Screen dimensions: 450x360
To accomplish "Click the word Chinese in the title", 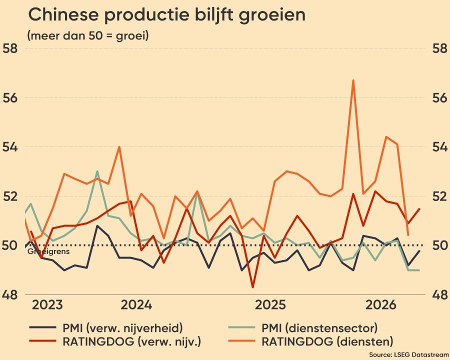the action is click(63, 14).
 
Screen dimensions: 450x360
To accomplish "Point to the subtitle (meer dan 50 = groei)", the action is click(88, 36).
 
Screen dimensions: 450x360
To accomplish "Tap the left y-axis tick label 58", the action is click(10, 48).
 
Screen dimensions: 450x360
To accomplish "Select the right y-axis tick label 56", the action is click(439, 98).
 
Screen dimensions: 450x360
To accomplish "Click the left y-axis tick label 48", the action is click(10, 294).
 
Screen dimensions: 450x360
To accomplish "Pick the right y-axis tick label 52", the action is click(439, 196).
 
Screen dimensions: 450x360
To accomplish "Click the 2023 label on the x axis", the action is click(47, 305).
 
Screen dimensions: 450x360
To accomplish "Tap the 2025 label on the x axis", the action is click(270, 305).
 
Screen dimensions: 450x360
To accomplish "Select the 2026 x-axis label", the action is click(380, 305).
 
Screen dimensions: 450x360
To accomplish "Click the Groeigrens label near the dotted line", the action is click(48, 252).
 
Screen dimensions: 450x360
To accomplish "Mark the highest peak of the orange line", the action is click(353, 80).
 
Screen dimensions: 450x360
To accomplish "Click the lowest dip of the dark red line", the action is click(253, 287).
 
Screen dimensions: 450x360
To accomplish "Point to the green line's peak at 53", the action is click(97, 171).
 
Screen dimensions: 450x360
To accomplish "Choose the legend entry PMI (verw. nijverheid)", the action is click(106, 328).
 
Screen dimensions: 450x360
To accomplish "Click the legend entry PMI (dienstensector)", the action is click(303, 328).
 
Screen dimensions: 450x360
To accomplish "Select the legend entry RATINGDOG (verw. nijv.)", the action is click(115, 341).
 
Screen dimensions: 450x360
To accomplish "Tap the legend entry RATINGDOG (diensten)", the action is click(310, 341).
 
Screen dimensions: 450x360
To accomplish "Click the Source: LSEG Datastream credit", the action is click(409, 354).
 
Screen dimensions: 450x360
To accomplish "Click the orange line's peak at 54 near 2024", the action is click(119, 147).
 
